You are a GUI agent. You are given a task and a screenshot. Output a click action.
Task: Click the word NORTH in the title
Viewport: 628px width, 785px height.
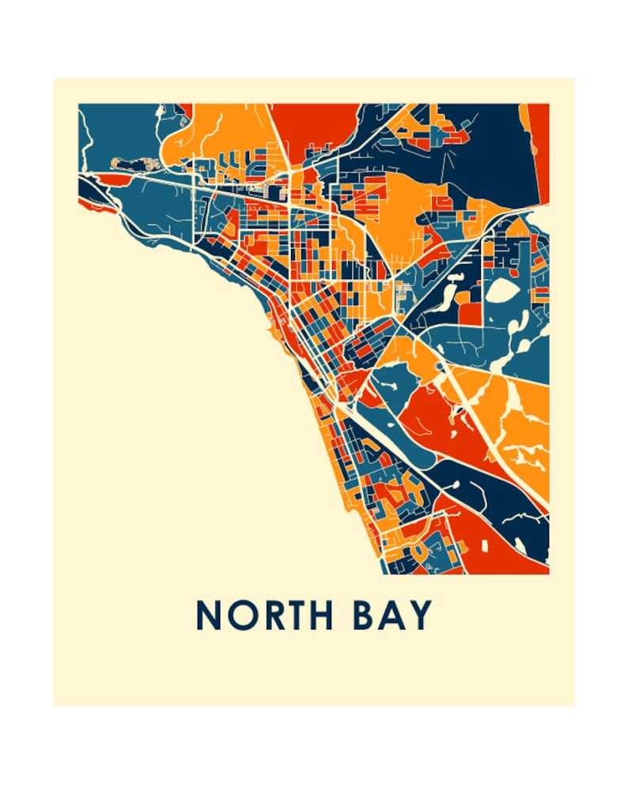point(264,614)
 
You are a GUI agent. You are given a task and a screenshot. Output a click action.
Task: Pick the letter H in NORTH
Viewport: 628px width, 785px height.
point(320,614)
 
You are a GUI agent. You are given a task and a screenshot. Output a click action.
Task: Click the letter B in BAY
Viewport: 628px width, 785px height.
point(363,614)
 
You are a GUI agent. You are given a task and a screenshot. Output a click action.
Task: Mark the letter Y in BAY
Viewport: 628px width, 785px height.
point(422,614)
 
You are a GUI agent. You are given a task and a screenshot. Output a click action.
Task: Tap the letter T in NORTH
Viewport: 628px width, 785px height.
point(293,614)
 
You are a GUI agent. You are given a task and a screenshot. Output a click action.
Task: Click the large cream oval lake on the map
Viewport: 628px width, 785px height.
point(500,292)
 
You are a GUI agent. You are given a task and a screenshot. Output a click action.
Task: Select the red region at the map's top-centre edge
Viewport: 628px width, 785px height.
point(312,123)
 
